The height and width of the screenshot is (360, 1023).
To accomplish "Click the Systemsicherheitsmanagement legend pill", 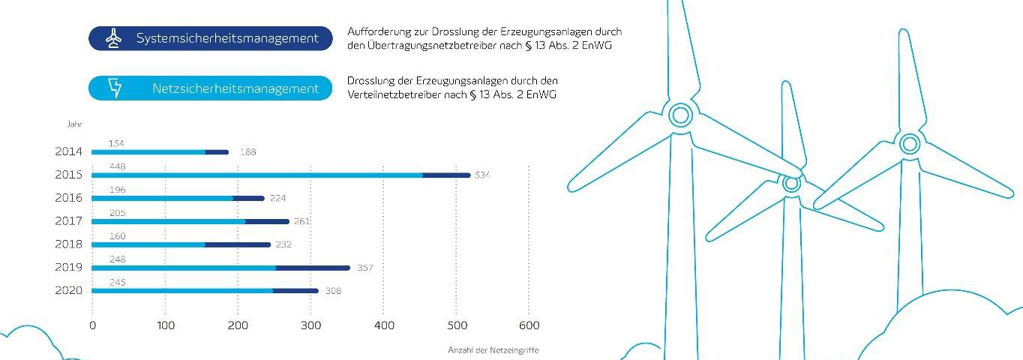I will point(210,38).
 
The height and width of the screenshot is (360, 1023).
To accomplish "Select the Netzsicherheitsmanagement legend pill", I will point(210,88).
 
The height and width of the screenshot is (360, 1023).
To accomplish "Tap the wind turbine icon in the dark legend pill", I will point(113,38).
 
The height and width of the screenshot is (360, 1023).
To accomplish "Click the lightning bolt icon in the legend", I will point(115,88).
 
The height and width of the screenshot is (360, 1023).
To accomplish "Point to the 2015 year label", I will point(68,175).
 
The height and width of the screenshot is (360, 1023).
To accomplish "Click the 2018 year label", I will point(68,244).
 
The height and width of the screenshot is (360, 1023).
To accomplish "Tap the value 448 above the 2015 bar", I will point(116,166).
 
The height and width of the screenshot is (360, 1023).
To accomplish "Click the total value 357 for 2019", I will point(364,268).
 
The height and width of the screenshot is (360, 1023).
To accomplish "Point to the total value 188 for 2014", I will point(247,152).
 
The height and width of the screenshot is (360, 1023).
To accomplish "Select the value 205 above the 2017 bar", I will point(116,213).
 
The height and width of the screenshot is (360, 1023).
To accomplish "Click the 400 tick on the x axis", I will point(383,325).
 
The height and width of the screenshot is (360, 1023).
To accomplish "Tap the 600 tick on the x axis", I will point(529,325).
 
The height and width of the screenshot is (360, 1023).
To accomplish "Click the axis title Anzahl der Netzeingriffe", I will point(493,350).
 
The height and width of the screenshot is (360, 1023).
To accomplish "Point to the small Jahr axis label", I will point(73,124).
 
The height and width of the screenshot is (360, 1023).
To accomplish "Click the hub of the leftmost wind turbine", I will point(679,115).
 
